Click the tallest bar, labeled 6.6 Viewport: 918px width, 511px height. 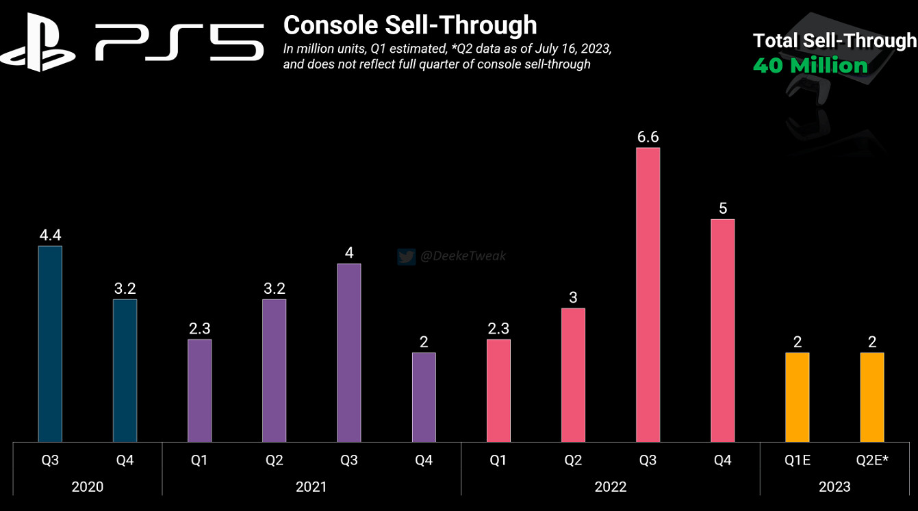coord(648,295)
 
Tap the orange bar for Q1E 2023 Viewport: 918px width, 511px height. coord(798,397)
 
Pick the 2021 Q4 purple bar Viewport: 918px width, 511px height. coord(424,397)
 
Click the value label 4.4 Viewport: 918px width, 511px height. coord(50,235)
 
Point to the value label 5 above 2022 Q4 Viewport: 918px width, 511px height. coord(723,208)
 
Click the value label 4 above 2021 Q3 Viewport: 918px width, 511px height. coord(349,253)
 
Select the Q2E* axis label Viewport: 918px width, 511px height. coord(871,460)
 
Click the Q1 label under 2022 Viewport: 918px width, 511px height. coord(498,460)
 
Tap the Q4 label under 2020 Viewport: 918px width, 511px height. coord(125,460)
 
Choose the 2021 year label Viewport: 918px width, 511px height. coord(311,487)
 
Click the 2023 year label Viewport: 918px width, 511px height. coord(834,487)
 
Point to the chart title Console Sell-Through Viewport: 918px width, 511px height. coord(409,25)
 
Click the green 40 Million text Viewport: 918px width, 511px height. coord(810,66)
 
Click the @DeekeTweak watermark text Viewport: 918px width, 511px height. coord(463,256)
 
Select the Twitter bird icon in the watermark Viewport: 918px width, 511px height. coord(406,257)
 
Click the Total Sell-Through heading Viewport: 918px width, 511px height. coord(834,41)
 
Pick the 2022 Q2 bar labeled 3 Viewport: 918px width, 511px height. coord(573,375)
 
